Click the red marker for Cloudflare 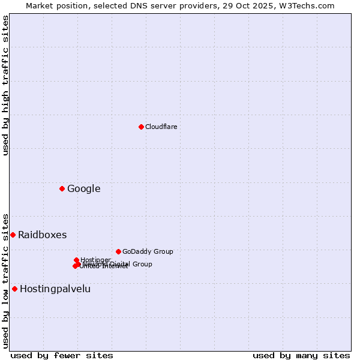141,127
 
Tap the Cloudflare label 161,127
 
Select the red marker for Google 62,188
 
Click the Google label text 84,189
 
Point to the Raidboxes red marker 13,235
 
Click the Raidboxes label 43,235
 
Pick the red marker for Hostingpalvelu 14,289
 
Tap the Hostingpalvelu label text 55,289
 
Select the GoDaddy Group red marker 118,251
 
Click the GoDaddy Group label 148,251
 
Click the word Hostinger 96,260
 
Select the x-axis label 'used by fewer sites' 62,355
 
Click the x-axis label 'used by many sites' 301,355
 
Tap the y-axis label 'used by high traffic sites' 5,85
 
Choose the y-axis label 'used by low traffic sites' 5,281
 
